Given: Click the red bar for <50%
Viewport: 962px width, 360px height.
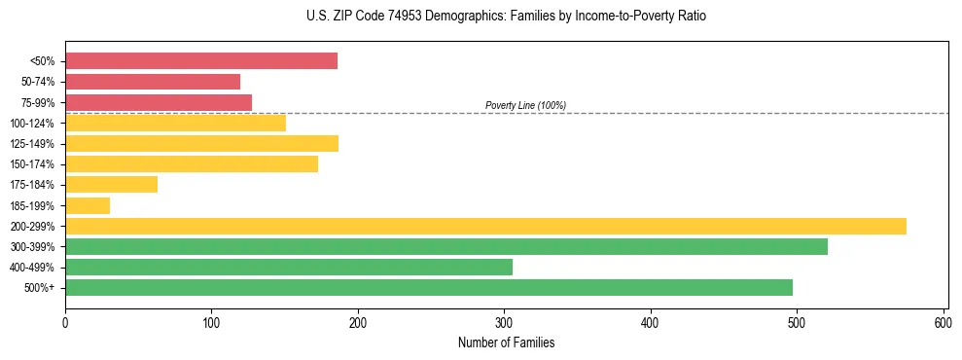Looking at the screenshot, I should tap(201, 61).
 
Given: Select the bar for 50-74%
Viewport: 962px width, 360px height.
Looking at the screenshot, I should tap(153, 82).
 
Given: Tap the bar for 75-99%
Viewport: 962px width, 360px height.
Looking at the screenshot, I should tap(159, 102).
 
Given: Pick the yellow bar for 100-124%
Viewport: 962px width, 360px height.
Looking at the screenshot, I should tap(175, 123).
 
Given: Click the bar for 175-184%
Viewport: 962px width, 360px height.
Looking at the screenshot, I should tap(111, 184).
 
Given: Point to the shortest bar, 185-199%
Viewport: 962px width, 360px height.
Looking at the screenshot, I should tap(88, 205).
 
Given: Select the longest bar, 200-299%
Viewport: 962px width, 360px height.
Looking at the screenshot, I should tap(485, 226).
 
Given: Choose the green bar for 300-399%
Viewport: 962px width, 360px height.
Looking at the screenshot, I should tap(446, 246).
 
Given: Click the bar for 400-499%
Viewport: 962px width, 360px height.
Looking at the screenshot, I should tap(289, 267).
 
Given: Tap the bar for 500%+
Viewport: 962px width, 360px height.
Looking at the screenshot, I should tap(429, 287).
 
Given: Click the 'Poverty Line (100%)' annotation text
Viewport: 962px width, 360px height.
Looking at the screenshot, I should tap(525, 105).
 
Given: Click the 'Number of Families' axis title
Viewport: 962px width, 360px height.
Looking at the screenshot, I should tap(506, 342).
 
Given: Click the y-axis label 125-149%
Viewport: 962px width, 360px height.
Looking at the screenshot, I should tap(32, 144).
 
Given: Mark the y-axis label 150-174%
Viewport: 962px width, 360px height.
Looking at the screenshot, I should tap(32, 164).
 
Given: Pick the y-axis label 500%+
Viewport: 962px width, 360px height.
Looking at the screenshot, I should tap(38, 288).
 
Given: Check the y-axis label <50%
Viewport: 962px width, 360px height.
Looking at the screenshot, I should tap(42, 61).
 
